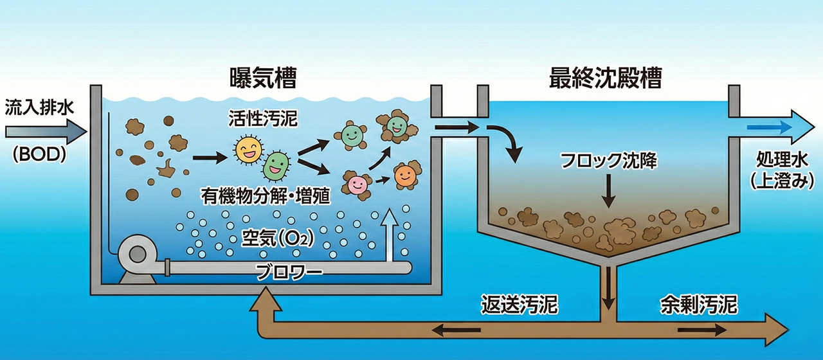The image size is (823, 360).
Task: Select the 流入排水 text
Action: (40, 106)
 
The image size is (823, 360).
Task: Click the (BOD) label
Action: (40, 156)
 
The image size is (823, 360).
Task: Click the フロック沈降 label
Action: (607, 161)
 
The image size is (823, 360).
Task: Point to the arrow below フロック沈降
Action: (607, 190)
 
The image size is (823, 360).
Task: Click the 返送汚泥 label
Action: (520, 303)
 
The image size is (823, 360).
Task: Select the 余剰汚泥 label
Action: (698, 303)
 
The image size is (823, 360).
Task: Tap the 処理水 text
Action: (779, 160)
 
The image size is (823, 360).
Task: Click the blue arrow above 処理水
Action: (772, 127)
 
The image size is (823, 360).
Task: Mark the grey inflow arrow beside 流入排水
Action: (44, 132)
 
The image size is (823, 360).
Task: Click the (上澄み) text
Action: (779, 182)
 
